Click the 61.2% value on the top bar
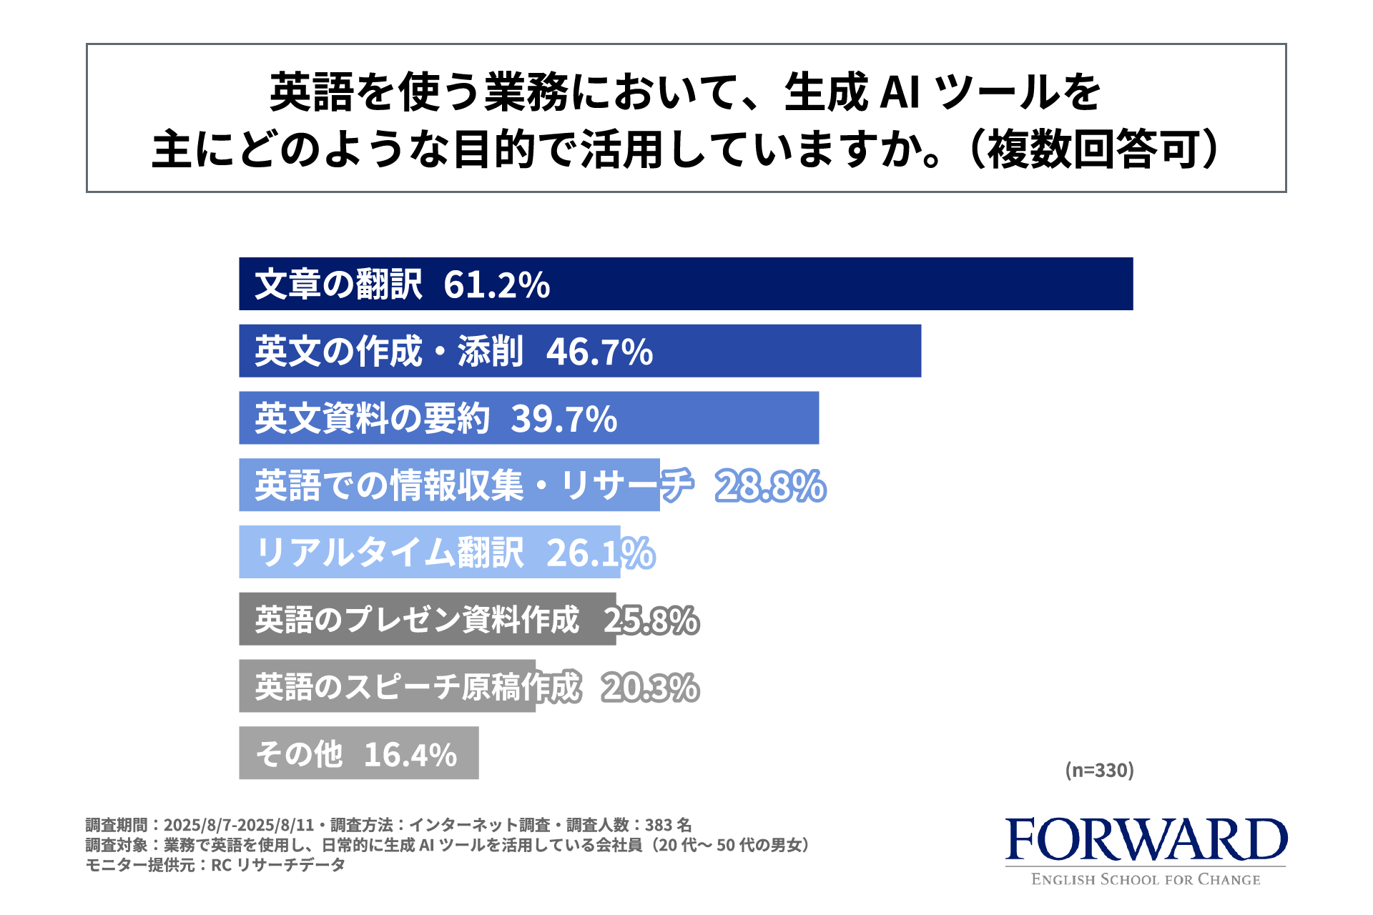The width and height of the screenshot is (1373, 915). coord(496,285)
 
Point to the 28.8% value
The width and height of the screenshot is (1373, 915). coord(770,486)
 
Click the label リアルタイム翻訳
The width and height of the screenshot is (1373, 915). coord(390,553)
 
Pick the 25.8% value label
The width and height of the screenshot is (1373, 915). coord(651,620)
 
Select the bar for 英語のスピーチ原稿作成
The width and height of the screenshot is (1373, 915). coord(386,686)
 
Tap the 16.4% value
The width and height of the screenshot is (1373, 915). coord(410,754)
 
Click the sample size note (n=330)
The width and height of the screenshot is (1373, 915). coord(1099,770)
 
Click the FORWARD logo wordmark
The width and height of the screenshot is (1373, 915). coord(1146,840)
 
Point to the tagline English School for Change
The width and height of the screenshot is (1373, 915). coord(1146,880)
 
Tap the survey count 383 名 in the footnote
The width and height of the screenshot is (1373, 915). coord(668,825)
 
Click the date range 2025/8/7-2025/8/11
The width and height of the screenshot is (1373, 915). coord(240,825)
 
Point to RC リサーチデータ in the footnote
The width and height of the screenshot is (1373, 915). coord(278,865)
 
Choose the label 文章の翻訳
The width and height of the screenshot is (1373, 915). coord(338,285)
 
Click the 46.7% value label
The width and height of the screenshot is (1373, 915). coord(599,352)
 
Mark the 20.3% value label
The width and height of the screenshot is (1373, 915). coord(650,687)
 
